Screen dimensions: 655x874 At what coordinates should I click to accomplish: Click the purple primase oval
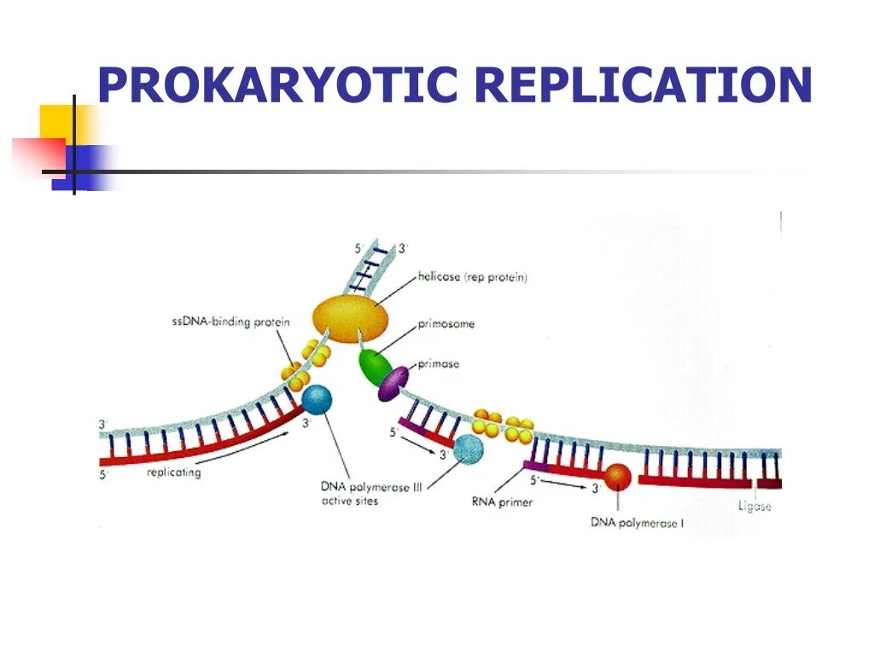point(394,383)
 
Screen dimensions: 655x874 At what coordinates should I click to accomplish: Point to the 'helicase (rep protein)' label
point(473,277)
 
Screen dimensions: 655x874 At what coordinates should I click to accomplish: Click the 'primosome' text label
point(446,324)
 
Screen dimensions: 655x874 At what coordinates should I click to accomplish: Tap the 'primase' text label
point(439,364)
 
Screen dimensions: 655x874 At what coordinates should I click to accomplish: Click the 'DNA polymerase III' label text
point(372,486)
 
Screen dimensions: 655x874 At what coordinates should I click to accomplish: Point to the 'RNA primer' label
point(503,502)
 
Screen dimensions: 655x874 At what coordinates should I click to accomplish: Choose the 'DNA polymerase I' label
point(637,523)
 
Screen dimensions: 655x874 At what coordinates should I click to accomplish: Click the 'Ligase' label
point(755,507)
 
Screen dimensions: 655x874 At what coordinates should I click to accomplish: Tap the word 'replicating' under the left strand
point(173,472)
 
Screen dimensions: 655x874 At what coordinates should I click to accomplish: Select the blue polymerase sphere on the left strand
point(318,400)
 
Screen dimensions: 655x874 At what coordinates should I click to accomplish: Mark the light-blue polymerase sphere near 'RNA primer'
point(467,449)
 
